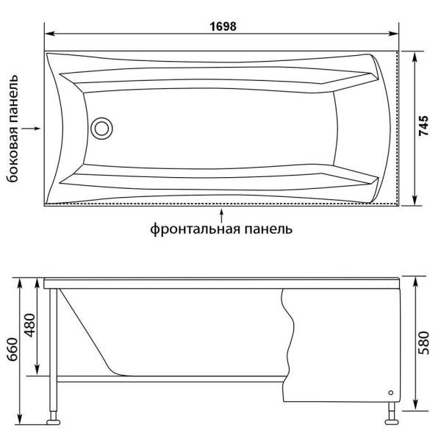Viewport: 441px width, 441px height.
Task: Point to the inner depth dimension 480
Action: click(x=29, y=327)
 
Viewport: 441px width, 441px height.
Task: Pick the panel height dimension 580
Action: click(x=425, y=343)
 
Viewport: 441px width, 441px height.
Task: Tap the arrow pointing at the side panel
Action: click(x=32, y=128)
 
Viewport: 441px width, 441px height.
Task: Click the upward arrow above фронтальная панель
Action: click(x=221, y=213)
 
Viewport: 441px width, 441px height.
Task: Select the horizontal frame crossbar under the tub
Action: click(x=169, y=380)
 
